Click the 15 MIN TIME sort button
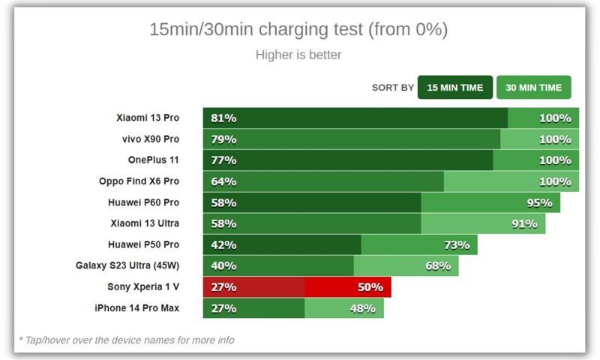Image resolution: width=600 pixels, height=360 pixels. [x=455, y=88]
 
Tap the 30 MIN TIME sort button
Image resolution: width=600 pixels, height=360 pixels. [x=533, y=88]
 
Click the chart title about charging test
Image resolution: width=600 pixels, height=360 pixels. [x=298, y=30]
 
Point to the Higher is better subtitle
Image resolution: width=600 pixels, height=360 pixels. [x=298, y=55]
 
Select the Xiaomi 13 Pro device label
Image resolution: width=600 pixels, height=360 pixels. [x=148, y=118]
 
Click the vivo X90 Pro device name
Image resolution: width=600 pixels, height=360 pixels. [x=151, y=139]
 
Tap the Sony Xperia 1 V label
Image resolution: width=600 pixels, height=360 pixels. [x=143, y=286]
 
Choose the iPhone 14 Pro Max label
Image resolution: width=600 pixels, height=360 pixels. [x=136, y=307]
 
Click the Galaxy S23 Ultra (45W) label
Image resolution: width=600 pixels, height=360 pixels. [x=127, y=265]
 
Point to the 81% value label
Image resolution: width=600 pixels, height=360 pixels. [x=223, y=118]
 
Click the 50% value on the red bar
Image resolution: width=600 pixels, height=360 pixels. [x=370, y=286]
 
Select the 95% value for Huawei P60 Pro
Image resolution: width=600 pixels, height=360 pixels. [x=539, y=202]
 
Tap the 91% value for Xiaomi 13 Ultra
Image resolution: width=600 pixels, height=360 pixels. [x=524, y=223]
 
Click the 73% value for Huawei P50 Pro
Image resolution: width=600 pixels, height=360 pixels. [x=456, y=244]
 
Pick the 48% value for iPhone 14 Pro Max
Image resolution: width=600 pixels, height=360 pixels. [x=362, y=307]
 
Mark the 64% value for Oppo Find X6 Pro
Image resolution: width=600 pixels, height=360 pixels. [x=223, y=181]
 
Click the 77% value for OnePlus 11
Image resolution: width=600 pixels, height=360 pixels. [x=223, y=160]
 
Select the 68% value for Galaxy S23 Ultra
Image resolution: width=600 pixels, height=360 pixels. [x=437, y=265]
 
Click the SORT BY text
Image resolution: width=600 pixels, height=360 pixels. [x=392, y=88]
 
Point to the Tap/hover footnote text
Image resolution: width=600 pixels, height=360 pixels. [x=126, y=340]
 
